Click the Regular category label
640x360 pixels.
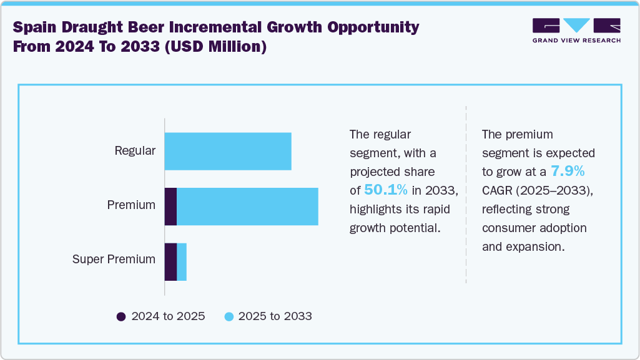click(x=135, y=150)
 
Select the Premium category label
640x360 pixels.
click(x=131, y=205)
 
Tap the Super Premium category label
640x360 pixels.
click(x=114, y=259)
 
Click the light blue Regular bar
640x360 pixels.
click(x=228, y=151)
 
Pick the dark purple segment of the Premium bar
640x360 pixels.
click(x=170, y=207)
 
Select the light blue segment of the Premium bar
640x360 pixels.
click(x=247, y=207)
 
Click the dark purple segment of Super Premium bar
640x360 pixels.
click(x=170, y=262)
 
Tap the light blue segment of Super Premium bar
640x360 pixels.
click(x=182, y=262)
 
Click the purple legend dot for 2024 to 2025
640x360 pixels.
click(x=122, y=316)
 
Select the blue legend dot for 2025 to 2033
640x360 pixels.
click(x=229, y=316)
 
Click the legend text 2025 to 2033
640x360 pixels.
click(x=275, y=316)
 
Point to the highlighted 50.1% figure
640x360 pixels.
click(x=386, y=190)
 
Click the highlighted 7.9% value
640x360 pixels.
click(x=567, y=171)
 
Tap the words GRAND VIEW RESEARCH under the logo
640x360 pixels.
click(x=576, y=41)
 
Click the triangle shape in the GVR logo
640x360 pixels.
click(x=576, y=26)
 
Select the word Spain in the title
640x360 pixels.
click(x=36, y=27)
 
